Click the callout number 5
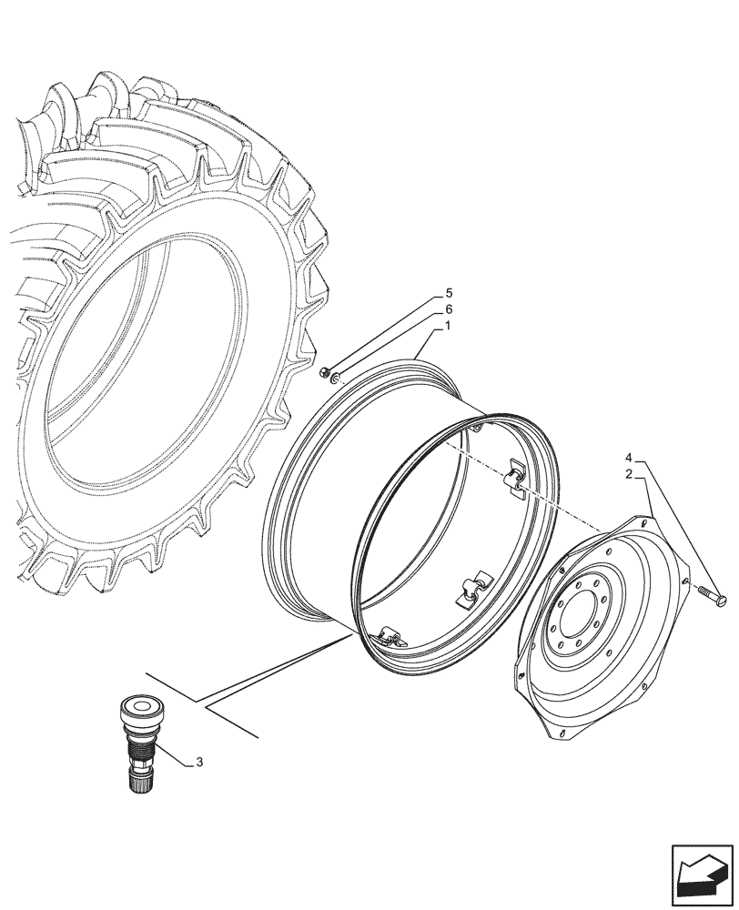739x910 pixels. point(449,294)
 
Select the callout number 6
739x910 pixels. point(449,309)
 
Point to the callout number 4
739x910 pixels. point(628,456)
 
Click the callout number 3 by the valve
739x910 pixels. point(198,763)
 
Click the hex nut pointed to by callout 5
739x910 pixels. point(325,370)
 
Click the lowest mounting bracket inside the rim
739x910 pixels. point(390,638)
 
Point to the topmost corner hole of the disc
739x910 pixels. point(641,522)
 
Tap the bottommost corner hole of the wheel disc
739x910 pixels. point(561,733)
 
